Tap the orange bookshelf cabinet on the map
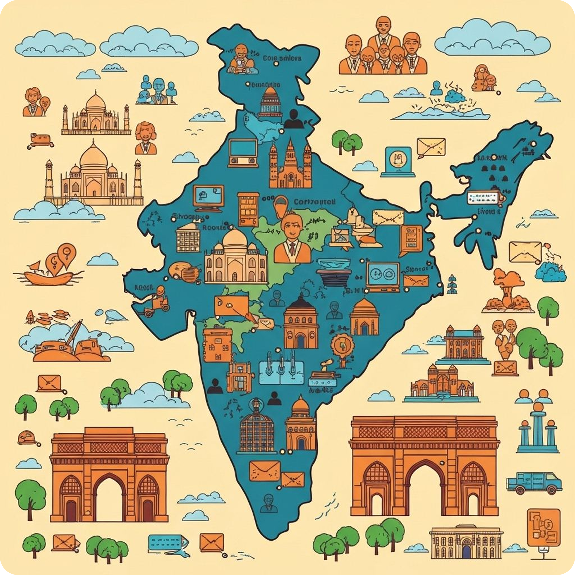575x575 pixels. pos(248,208)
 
